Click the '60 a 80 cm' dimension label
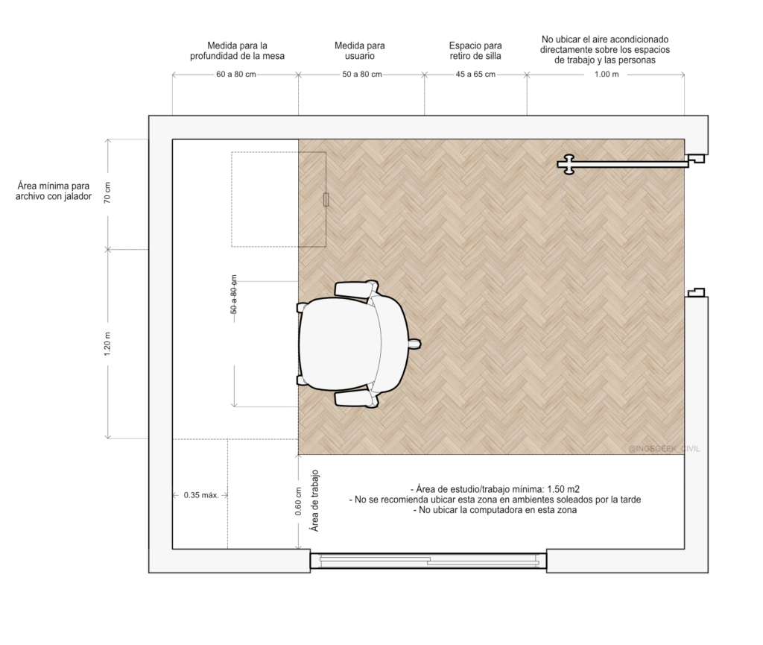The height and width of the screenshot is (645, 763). coord(236,75)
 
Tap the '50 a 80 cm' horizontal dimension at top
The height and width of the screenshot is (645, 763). coord(362,75)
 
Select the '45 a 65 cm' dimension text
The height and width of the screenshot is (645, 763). coord(475,75)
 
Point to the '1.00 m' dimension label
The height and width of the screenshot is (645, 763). coord(607,75)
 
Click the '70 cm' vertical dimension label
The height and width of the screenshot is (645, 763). coord(107,193)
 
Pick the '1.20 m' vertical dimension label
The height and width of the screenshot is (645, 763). coord(107,344)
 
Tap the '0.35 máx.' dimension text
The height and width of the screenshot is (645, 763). coord(201,496)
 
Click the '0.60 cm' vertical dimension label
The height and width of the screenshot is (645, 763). coord(298,501)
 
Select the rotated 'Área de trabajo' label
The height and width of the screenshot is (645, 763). coord(315,500)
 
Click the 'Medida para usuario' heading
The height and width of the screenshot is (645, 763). coord(360,51)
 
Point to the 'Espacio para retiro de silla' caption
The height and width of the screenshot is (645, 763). coord(475,51)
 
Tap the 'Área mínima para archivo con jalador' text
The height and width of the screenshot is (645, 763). coord(54,191)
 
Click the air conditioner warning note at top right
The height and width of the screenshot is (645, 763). coord(605,50)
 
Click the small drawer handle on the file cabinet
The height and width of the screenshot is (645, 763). coord(326,199)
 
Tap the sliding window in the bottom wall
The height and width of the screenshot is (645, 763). coord(428,561)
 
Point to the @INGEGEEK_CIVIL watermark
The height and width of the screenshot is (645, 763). coord(664,449)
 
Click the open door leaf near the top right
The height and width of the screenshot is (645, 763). coord(624,165)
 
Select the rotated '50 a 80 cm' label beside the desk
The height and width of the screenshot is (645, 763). coord(234,294)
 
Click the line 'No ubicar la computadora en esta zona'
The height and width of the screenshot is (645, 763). coord(497,510)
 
